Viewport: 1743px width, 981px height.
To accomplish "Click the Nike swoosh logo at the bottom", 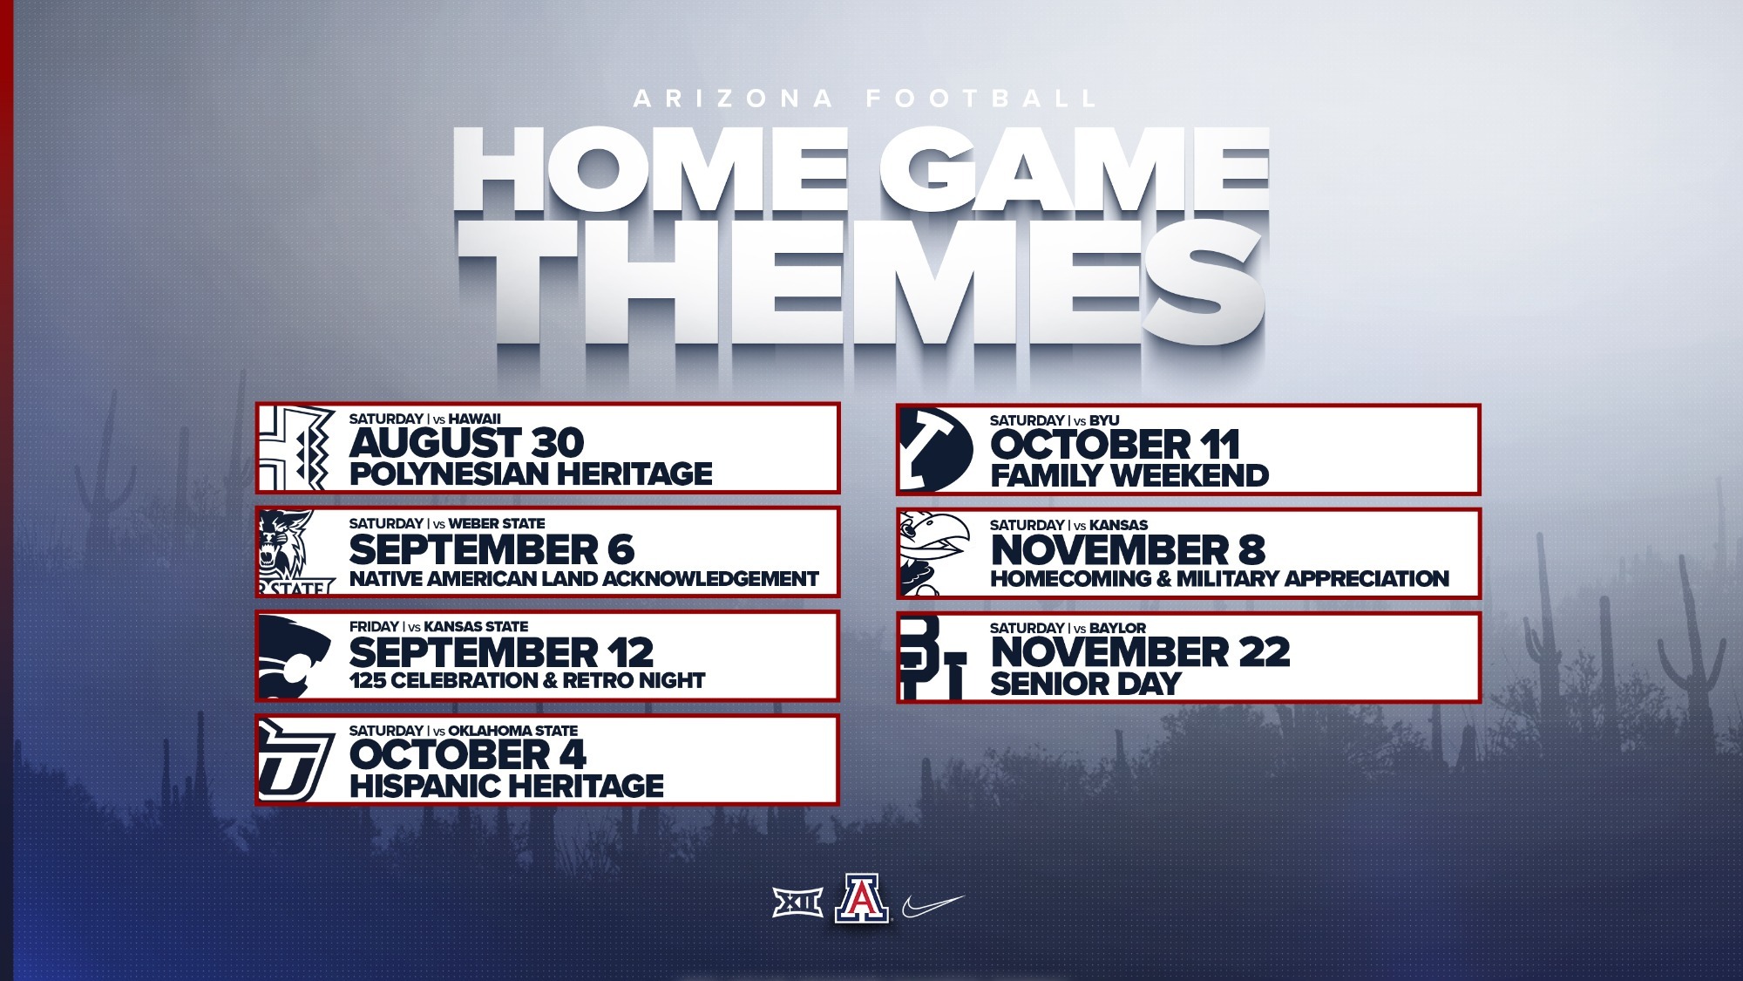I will (933, 905).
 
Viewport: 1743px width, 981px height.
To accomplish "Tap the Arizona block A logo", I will (861, 899).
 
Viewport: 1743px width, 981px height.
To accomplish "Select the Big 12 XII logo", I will (797, 903).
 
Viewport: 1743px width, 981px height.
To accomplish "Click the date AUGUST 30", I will (466, 443).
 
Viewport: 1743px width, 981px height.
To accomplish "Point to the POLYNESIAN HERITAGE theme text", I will (531, 474).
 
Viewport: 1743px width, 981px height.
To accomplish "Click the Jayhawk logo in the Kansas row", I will (933, 553).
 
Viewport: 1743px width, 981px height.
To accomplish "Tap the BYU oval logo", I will (936, 449).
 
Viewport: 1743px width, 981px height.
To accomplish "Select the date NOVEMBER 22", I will (1140, 652).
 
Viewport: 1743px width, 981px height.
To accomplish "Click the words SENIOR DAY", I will (1085, 684).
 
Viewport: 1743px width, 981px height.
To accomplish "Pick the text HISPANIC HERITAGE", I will (506, 786).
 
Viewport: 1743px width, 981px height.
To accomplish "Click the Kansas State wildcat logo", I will (295, 656).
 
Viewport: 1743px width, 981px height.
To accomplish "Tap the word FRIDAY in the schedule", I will (374, 627).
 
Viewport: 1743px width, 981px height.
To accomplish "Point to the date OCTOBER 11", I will (1115, 445).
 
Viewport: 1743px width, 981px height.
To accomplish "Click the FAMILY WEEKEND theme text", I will (1129, 476).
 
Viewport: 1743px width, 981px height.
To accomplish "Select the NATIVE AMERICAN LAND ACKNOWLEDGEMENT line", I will (584, 579).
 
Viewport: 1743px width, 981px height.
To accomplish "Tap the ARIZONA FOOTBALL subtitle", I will (865, 99).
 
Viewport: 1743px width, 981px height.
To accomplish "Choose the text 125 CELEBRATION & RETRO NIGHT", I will (527, 681).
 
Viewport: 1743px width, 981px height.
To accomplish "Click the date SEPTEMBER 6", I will (492, 550).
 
